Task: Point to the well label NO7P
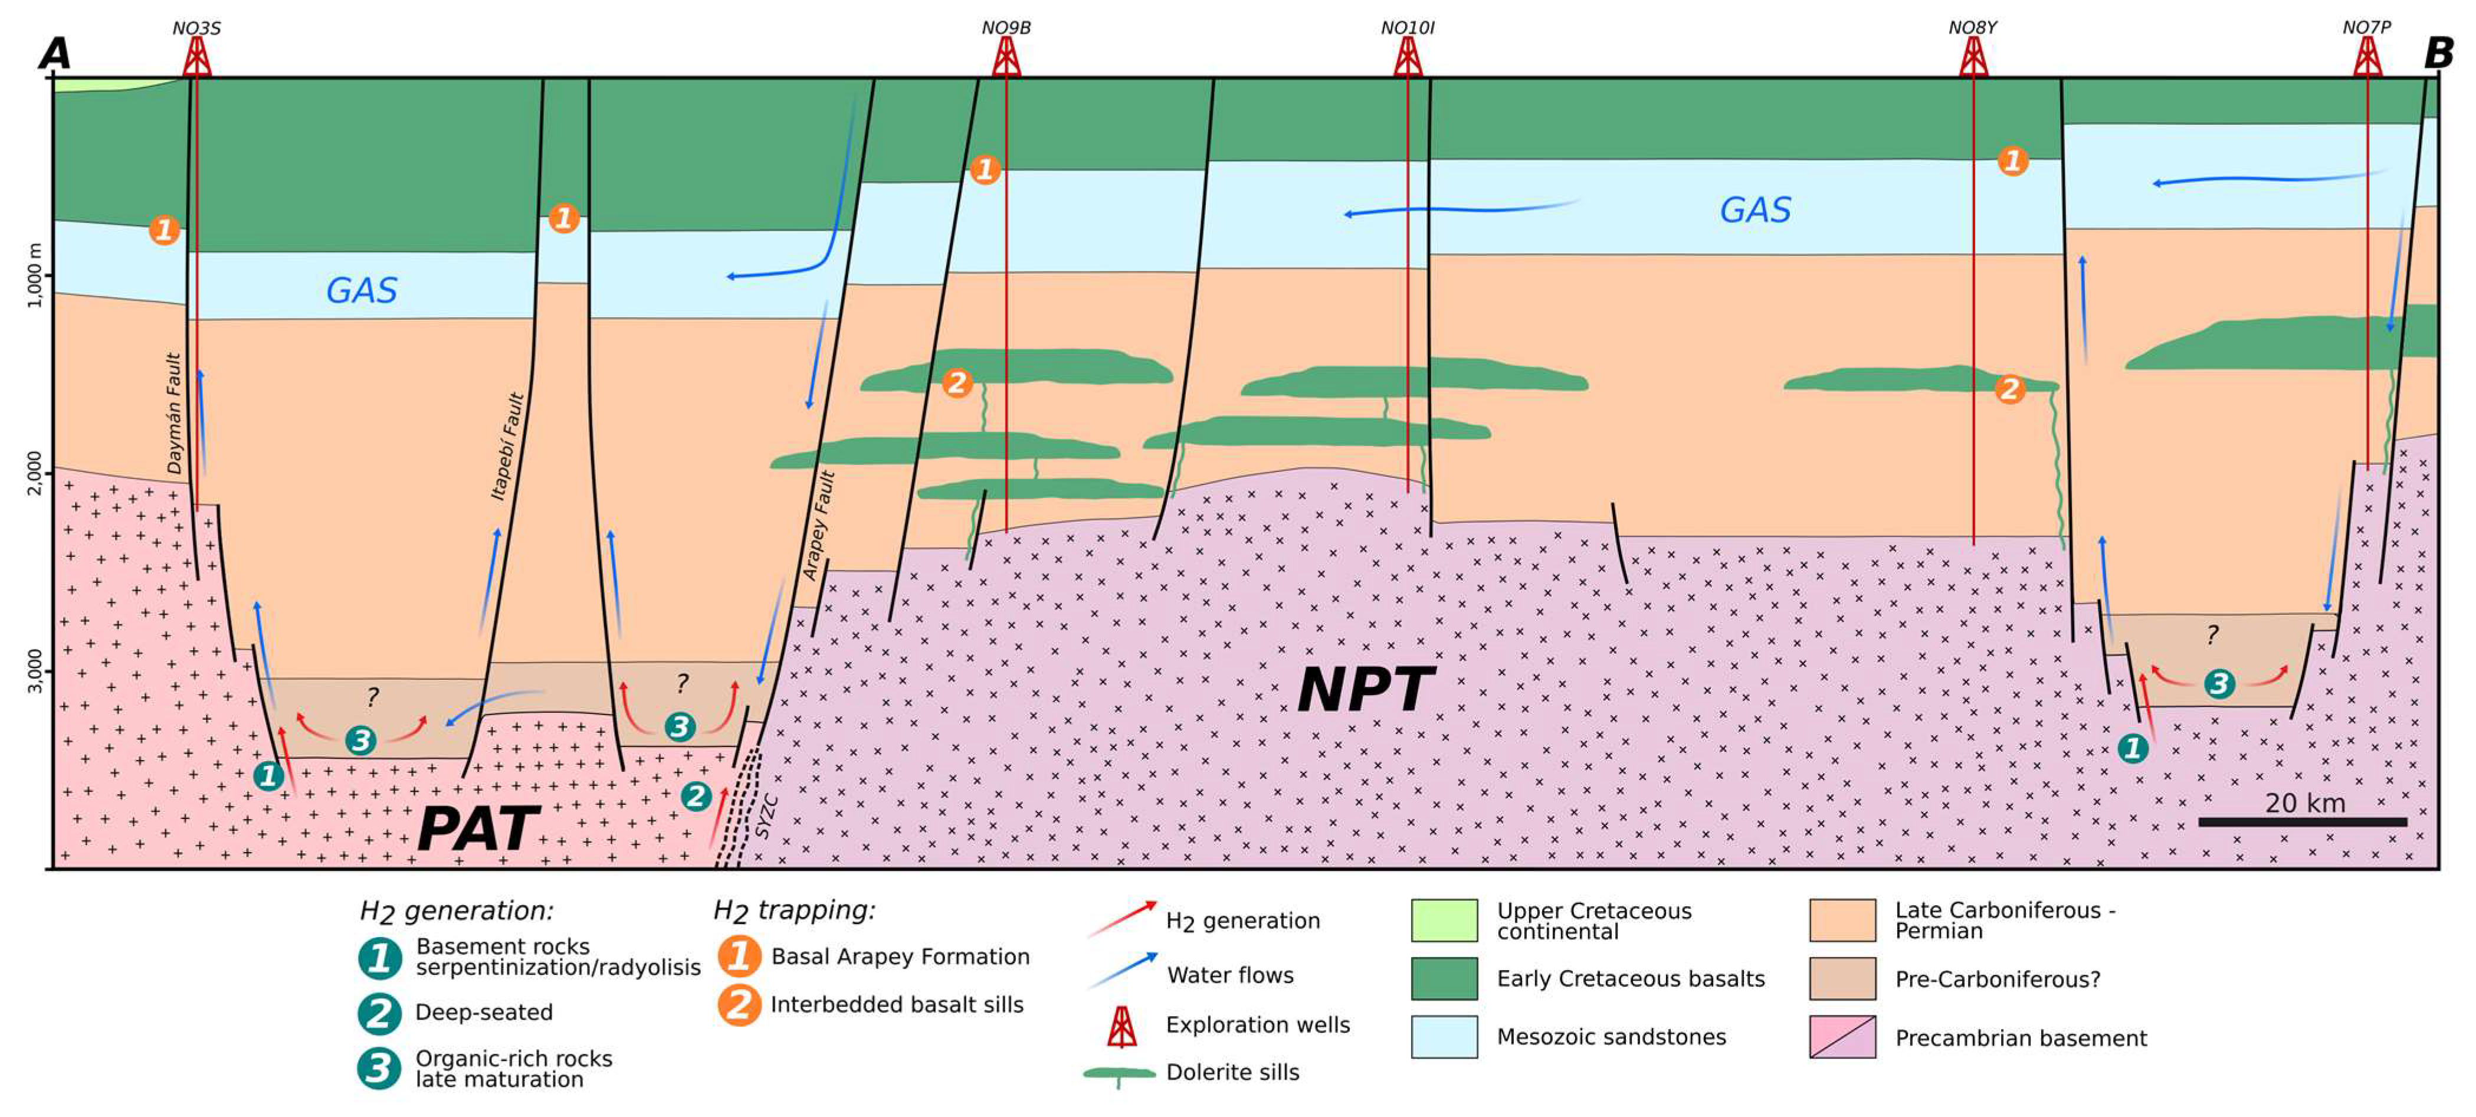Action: click(x=2366, y=28)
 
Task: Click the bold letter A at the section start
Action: click(x=55, y=54)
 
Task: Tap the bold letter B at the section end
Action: click(x=2438, y=54)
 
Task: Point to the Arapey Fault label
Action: click(x=819, y=525)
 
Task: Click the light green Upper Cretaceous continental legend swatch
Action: click(x=1444, y=920)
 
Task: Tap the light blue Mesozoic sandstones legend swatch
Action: click(x=1444, y=1036)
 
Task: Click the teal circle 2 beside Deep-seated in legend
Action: click(x=380, y=1012)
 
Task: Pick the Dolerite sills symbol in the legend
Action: click(x=1120, y=1073)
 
